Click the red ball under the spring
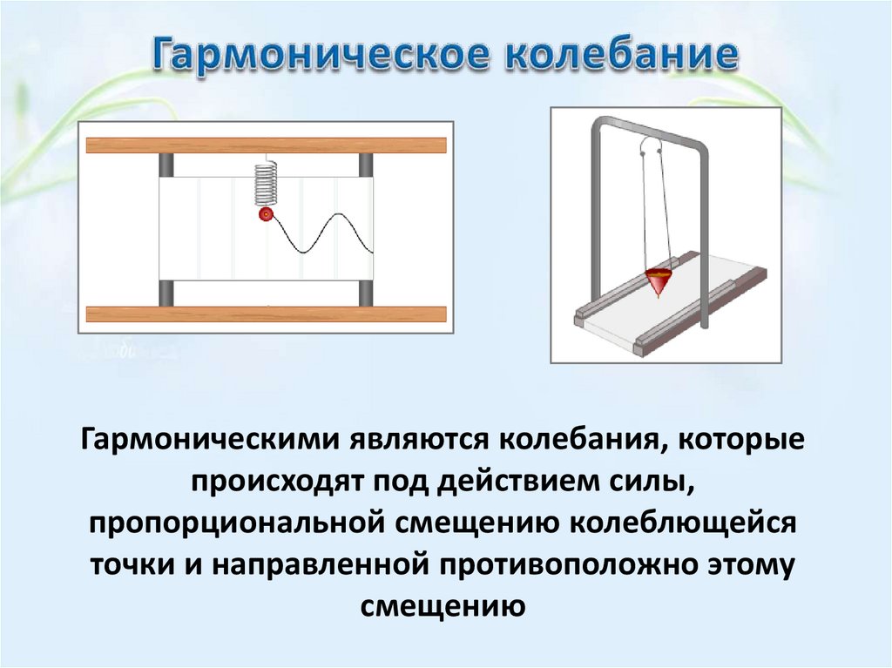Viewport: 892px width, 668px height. point(266,213)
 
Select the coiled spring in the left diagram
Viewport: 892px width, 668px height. point(266,185)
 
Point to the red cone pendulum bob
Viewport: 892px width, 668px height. point(660,281)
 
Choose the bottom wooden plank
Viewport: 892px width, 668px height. point(266,314)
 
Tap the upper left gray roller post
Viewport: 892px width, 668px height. point(166,165)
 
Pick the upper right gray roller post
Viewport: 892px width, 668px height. point(366,165)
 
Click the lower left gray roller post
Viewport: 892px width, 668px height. point(166,293)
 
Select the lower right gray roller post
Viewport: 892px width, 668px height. point(366,293)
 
